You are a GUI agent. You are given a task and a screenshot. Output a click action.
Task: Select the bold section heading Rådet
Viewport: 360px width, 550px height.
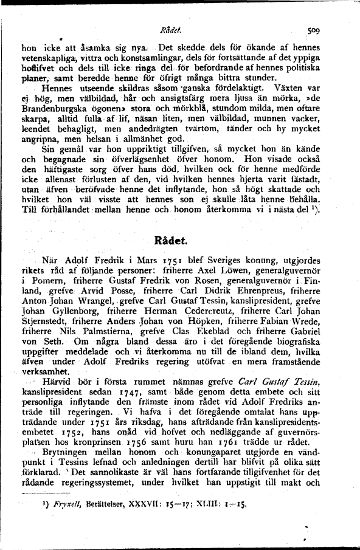[x=179, y=239]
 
